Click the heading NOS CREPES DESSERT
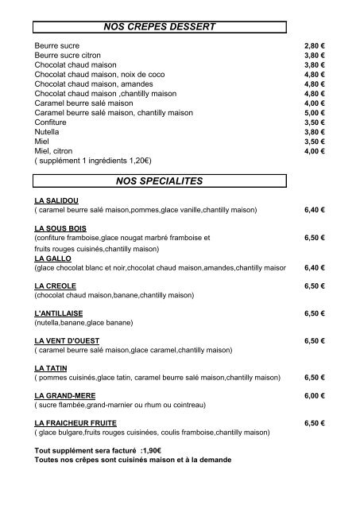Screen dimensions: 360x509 pyautogui.click(x=160, y=27)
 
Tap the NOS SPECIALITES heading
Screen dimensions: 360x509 pyautogui.click(x=160, y=181)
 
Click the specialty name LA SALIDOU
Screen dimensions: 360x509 pyautogui.click(x=56, y=200)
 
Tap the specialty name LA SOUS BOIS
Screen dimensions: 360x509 pyautogui.click(x=60, y=228)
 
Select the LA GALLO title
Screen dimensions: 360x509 pyautogui.click(x=53, y=258)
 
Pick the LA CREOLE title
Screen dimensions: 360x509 pyautogui.click(x=56, y=286)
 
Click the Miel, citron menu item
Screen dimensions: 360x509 pyautogui.click(x=55, y=150)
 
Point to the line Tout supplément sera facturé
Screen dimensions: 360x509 pyautogui.click(x=93, y=451)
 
